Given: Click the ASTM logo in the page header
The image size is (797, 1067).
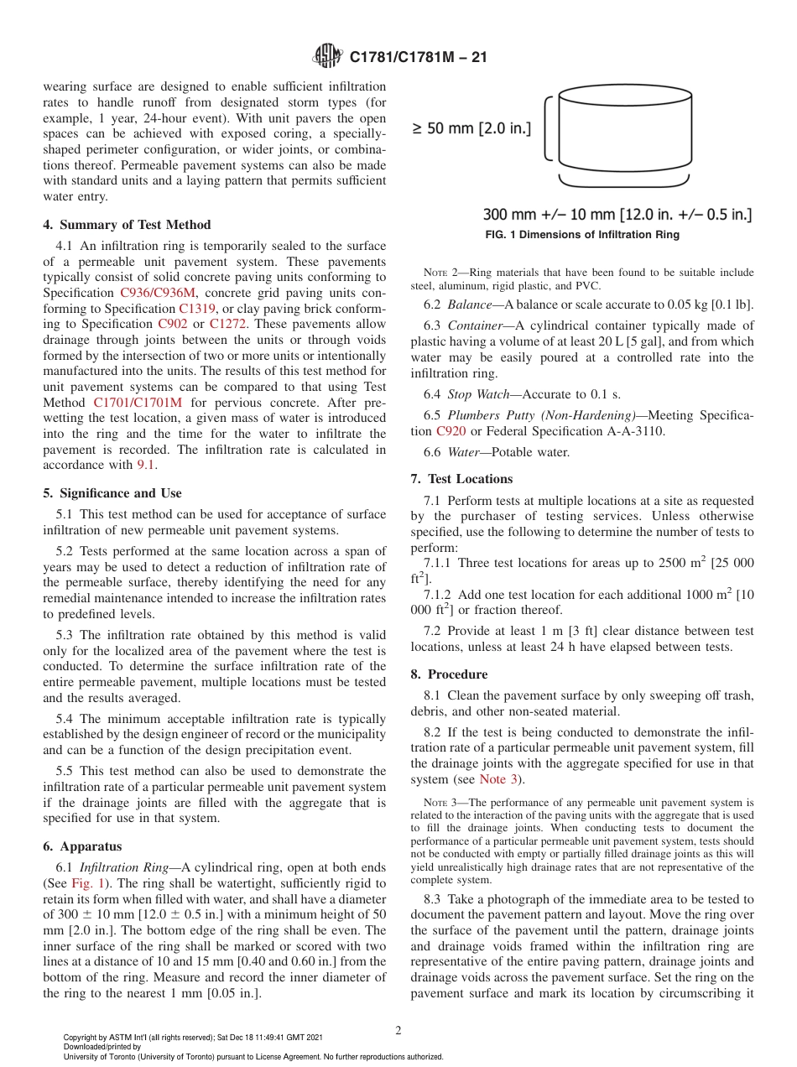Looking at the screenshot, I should (327, 57).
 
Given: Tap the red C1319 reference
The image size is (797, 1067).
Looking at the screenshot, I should (197, 308).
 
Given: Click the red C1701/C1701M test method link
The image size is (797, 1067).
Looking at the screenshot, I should (137, 402).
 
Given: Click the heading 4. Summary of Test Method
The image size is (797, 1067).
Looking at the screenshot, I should (127, 225).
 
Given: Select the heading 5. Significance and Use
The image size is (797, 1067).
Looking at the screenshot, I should (112, 493).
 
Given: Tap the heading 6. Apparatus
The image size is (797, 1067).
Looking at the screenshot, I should (82, 846).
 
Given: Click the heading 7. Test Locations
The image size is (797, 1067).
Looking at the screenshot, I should (461, 479).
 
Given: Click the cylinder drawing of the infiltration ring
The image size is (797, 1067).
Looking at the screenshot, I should (623, 126).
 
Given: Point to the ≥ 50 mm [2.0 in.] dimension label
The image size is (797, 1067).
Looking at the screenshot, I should (471, 129).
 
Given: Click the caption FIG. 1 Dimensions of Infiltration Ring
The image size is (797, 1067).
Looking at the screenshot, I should (582, 235).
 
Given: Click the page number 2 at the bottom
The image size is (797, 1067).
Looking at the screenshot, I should (398, 1031).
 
